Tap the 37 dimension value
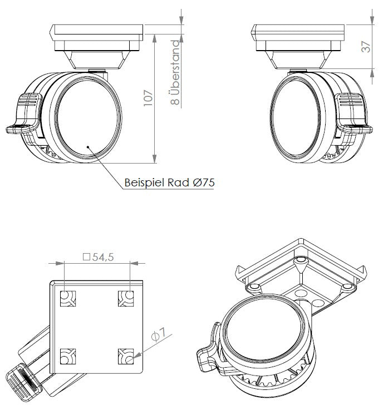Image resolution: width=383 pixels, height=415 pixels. (365, 48)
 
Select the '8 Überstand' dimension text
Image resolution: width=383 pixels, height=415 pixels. (175, 73)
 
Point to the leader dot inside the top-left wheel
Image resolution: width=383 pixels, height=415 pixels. (88, 146)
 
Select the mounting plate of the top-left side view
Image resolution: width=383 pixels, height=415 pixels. (97, 31)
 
